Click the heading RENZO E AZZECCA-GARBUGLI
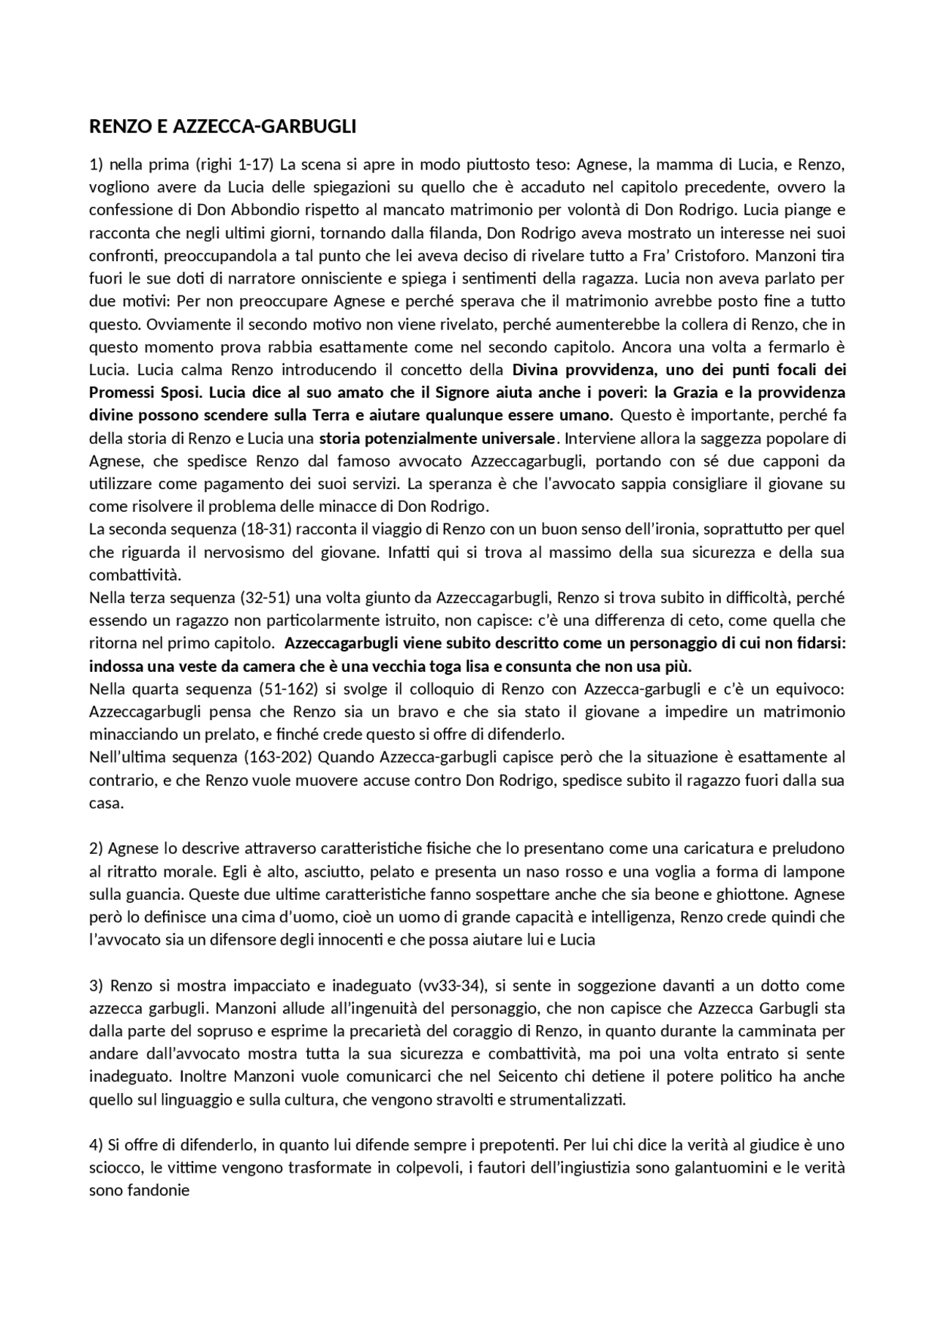tap(222, 126)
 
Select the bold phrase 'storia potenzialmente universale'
tap(437, 439)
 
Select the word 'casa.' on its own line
tap(106, 803)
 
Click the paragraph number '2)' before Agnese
tap(97, 848)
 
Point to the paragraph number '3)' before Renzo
tap(97, 985)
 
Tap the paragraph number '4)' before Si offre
tap(97, 1144)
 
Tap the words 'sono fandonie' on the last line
tap(139, 1190)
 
